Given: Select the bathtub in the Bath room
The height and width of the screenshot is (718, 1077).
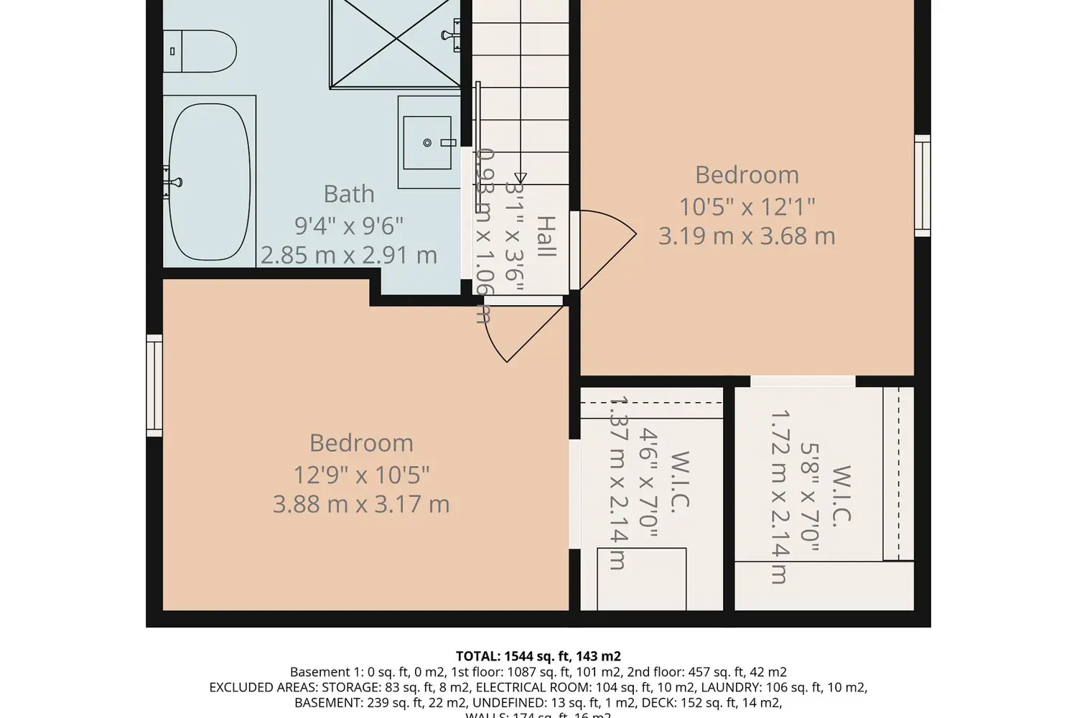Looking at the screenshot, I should pyautogui.click(x=210, y=182).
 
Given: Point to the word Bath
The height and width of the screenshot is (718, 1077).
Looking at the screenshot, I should pyautogui.click(x=349, y=194).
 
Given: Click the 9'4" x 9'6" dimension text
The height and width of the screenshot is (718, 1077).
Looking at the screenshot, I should pyautogui.click(x=349, y=225).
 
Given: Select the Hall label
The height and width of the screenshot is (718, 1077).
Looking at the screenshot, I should pyautogui.click(x=546, y=236).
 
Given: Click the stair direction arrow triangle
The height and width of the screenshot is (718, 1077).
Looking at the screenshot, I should pyautogui.click(x=521, y=177).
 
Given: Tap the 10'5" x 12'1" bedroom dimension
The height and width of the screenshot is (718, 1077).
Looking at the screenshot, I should pyautogui.click(x=747, y=207).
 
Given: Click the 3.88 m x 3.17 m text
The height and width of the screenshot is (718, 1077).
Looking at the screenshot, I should pyautogui.click(x=361, y=504).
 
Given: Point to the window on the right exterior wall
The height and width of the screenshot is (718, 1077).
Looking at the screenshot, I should pyautogui.click(x=922, y=185).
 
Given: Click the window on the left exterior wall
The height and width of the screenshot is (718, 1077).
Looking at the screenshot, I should pyautogui.click(x=154, y=385).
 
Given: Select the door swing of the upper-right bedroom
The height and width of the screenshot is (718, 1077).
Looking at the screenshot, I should pyautogui.click(x=607, y=248).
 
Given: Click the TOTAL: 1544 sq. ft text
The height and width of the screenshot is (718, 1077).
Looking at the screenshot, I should pyautogui.click(x=538, y=656).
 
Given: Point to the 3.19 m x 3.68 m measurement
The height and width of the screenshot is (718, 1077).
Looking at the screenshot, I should pyautogui.click(x=747, y=236).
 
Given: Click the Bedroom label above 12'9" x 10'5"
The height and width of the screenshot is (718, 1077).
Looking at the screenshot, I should pyautogui.click(x=361, y=443).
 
